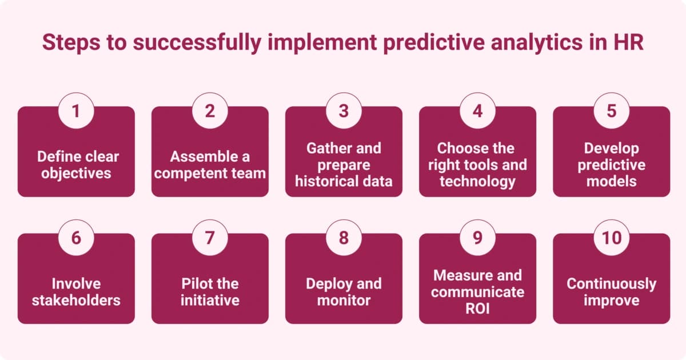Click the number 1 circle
point(76,110)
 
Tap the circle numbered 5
point(611,110)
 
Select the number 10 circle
point(611,237)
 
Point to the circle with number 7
point(210,237)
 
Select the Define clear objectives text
point(76,165)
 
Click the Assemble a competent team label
point(210,165)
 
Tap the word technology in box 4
point(477,182)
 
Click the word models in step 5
point(611,182)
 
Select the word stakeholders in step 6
point(76,300)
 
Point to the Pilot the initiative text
point(210,291)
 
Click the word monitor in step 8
point(344,300)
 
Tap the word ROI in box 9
point(477,309)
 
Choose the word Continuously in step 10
point(611,283)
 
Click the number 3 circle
point(344,110)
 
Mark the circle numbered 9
point(477,237)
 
